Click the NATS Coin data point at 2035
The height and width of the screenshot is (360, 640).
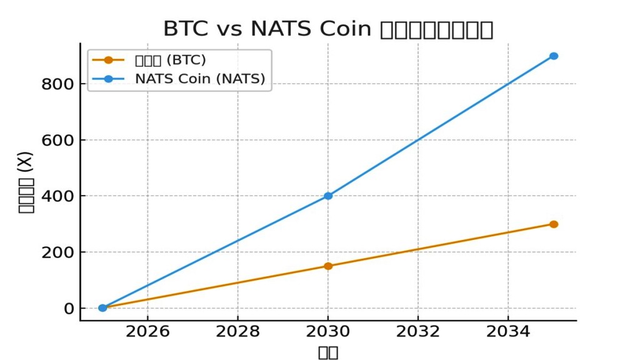click(553, 56)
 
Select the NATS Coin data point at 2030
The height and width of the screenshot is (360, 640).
click(328, 196)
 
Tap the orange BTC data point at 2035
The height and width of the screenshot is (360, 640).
click(553, 224)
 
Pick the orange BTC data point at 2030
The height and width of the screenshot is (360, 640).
click(328, 266)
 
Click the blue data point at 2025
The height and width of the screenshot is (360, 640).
click(102, 307)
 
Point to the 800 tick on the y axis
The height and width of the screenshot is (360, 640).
click(57, 84)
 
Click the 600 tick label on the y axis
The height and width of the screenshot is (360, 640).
click(57, 141)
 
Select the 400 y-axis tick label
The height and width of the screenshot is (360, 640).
click(57, 196)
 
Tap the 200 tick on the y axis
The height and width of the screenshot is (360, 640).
click(57, 252)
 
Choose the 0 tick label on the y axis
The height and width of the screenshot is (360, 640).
click(68, 309)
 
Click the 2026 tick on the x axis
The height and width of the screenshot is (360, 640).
click(147, 331)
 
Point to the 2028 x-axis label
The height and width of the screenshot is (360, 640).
click(237, 331)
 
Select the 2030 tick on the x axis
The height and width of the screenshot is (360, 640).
click(328, 331)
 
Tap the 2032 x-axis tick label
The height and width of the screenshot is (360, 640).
click(418, 331)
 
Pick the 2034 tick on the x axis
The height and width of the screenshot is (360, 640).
click(508, 331)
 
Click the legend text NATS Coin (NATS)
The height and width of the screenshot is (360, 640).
click(200, 79)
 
